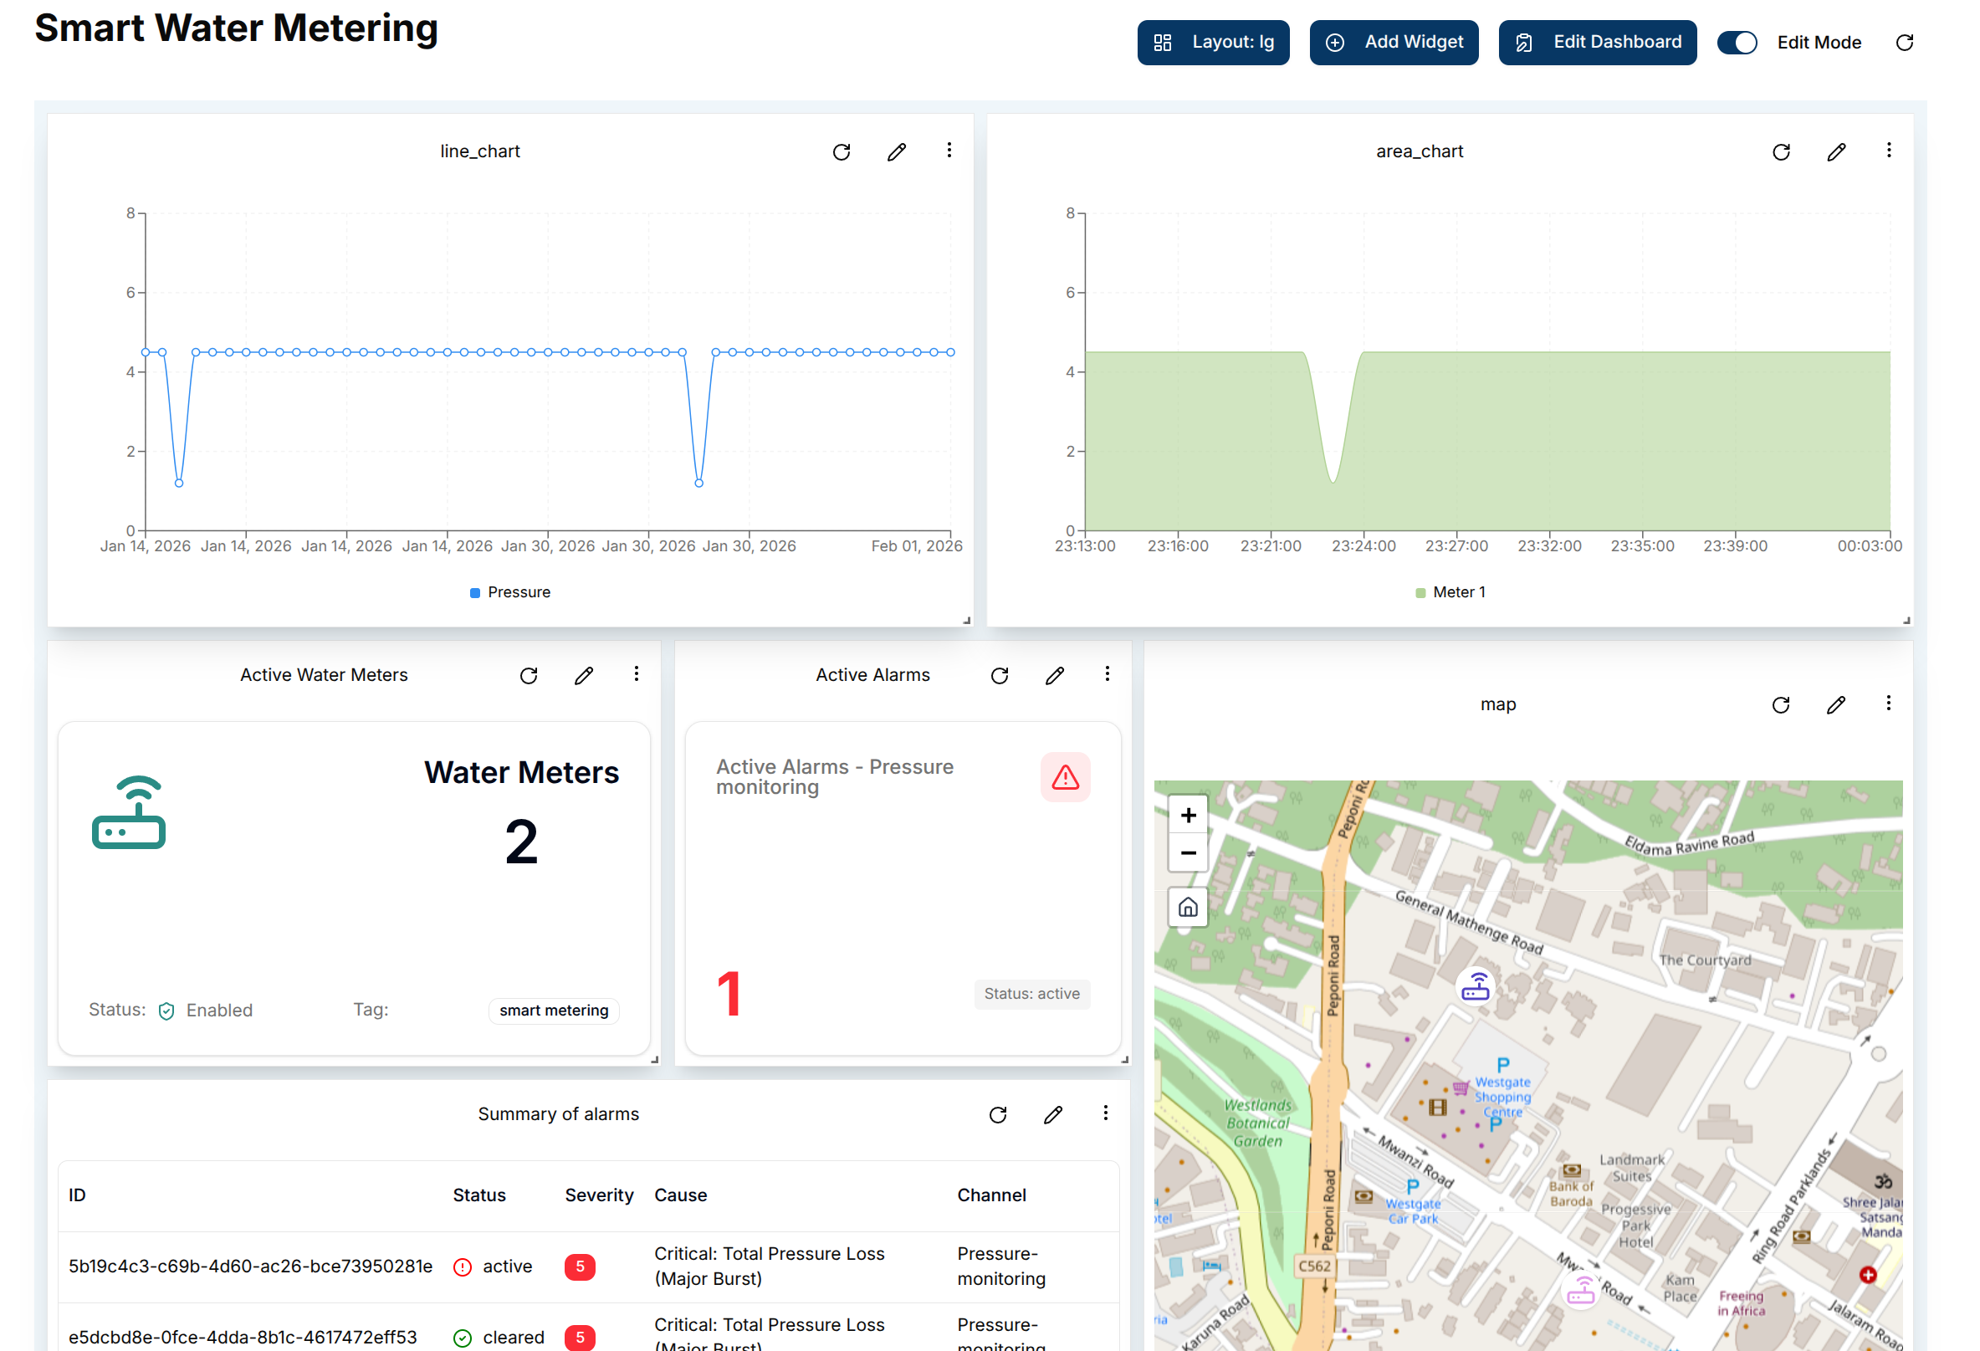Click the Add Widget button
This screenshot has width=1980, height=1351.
click(1393, 43)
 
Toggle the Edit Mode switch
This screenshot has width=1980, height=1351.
click(1737, 43)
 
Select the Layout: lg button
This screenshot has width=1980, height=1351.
click(1212, 43)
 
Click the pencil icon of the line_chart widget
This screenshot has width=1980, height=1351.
click(896, 152)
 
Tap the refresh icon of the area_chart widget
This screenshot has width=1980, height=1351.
click(1781, 152)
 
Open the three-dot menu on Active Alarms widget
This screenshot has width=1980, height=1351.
click(1107, 674)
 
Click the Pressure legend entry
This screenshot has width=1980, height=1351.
click(510, 592)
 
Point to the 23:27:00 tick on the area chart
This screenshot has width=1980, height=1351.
click(1456, 546)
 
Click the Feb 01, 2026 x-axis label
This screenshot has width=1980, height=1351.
click(916, 546)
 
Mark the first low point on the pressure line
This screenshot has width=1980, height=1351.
click(179, 483)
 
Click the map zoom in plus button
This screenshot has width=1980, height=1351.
click(1188, 815)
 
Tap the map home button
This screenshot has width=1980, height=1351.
click(1188, 908)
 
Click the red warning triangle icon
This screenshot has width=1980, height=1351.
click(1065, 777)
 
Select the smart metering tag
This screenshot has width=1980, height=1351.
click(554, 1011)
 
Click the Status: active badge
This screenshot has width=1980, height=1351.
click(1031, 994)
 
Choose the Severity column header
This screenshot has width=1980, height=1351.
click(598, 1195)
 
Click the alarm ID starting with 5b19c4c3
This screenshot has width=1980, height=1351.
click(250, 1267)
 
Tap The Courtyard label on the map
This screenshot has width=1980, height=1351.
click(1704, 960)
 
